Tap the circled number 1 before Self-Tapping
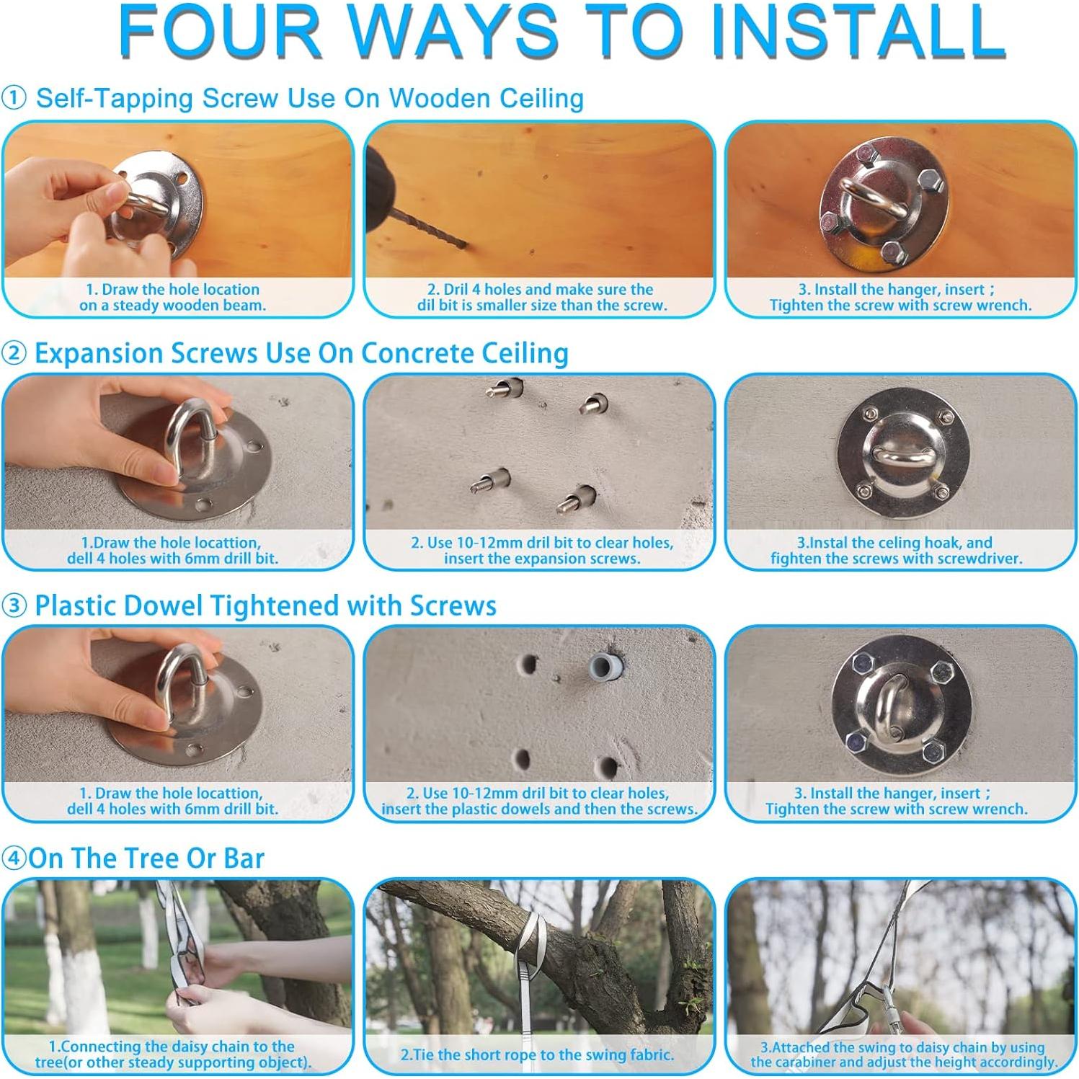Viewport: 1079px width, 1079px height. pos(14,98)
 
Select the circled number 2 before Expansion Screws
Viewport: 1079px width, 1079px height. pos(14,353)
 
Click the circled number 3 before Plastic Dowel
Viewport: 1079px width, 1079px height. pos(14,605)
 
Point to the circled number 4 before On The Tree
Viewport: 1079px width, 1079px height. pos(14,858)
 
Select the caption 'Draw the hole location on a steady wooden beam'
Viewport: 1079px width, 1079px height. pos(173,297)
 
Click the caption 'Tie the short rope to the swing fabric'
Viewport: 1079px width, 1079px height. pos(537,1054)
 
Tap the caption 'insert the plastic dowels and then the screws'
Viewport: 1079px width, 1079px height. pos(539,809)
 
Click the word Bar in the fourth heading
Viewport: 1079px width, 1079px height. pos(244,858)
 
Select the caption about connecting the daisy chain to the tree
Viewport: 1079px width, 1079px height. pos(173,1054)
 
